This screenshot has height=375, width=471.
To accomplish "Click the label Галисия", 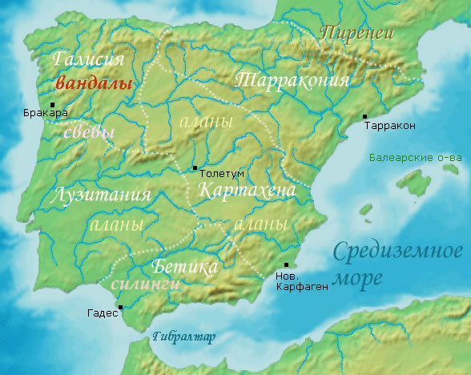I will [x=89, y=60].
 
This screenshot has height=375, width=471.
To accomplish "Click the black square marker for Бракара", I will [x=53, y=104].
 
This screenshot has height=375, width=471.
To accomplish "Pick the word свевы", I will [x=89, y=132].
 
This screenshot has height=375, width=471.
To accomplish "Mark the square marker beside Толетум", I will [x=194, y=168].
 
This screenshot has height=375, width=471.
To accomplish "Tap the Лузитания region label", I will [x=100, y=196].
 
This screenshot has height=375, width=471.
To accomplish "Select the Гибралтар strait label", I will [x=183, y=337].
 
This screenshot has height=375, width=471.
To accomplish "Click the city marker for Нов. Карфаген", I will [x=287, y=265].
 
